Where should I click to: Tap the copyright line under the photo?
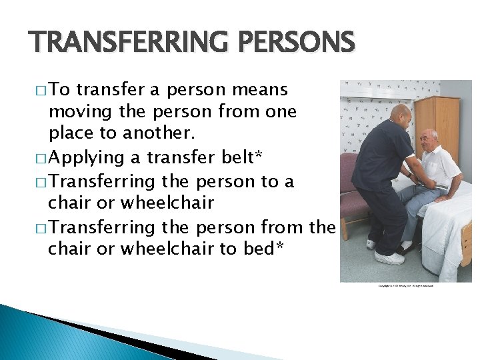pyautogui.click(x=405, y=286)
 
